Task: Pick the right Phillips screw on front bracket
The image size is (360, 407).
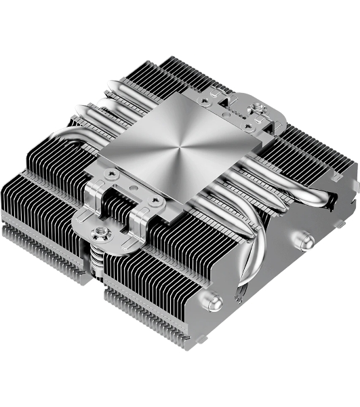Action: click(x=157, y=201)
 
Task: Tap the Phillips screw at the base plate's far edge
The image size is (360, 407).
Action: click(x=224, y=100)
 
